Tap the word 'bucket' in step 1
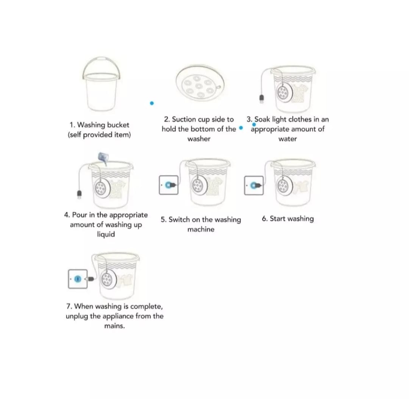click(118, 125)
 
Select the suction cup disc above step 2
click(200, 83)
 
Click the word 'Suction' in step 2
click(184, 120)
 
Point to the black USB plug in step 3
click(262, 99)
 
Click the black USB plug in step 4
click(79, 194)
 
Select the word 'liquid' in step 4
click(106, 234)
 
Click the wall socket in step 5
click(169, 185)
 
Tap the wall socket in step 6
click(253, 185)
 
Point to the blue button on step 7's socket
click(78, 279)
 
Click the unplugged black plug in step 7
click(90, 279)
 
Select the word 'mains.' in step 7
click(114, 326)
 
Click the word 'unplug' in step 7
click(77, 317)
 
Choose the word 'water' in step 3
click(287, 139)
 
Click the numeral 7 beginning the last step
click(69, 306)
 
